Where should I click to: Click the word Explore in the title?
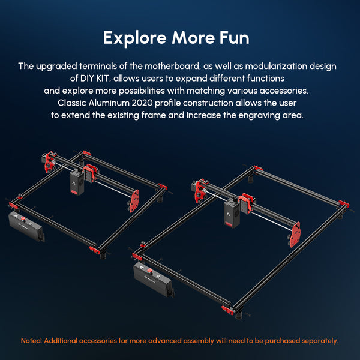tap(135, 38)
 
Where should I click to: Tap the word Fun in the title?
tap(234, 38)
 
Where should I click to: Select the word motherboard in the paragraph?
tap(172, 66)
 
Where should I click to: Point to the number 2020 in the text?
tap(142, 103)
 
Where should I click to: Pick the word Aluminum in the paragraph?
tap(109, 103)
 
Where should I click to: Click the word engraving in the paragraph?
tap(259, 115)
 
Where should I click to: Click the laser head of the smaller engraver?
tap(77, 182)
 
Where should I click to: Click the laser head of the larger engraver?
tap(232, 214)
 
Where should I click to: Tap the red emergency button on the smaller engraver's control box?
tap(23, 218)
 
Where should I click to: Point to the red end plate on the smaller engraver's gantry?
tap(134, 200)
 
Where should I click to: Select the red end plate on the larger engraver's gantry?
tap(295, 235)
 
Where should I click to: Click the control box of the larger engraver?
tap(154, 280)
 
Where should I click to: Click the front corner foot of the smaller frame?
tap(103, 256)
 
